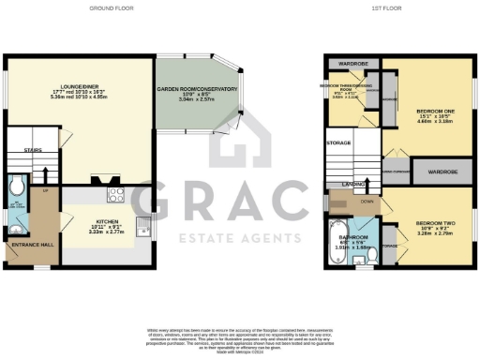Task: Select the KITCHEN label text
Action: click(x=106, y=222)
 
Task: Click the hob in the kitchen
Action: click(x=116, y=196)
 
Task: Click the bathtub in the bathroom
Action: click(x=339, y=234)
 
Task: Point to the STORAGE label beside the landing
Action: click(x=339, y=143)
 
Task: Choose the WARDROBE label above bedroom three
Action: click(x=352, y=65)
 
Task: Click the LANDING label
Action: click(x=353, y=184)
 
